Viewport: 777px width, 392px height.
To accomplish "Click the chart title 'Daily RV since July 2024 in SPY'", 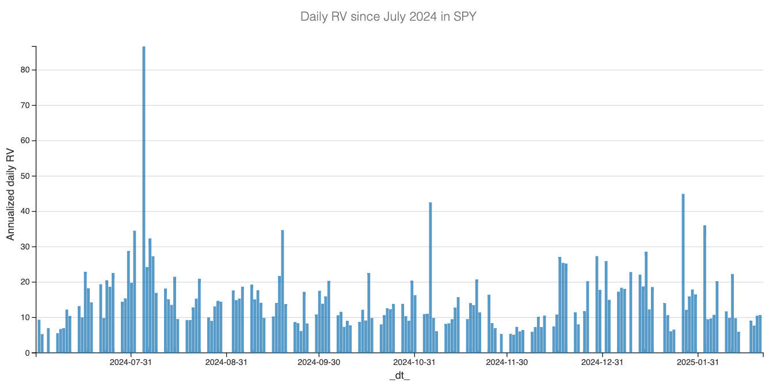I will point(389,17).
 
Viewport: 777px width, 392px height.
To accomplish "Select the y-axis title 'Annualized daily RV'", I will point(10,194).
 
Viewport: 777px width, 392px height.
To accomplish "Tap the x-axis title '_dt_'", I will point(399,376).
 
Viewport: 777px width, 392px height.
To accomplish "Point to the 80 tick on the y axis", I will point(25,70).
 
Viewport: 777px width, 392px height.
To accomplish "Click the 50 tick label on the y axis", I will point(25,176).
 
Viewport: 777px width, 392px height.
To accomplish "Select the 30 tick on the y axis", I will point(25,247).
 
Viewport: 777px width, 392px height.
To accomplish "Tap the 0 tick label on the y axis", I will point(27,353).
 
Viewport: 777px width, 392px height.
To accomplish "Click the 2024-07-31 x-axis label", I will point(131,362).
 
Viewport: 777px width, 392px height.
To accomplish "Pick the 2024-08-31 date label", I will point(226,362).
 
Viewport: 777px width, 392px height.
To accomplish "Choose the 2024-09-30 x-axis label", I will point(319,362).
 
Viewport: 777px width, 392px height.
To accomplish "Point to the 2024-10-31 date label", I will point(414,362).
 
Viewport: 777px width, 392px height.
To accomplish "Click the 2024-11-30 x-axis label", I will point(507,362).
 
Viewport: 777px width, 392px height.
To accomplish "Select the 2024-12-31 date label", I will point(602,362).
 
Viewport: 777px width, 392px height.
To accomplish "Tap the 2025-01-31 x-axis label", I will point(698,362).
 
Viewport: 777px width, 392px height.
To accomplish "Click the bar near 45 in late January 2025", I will point(683,273).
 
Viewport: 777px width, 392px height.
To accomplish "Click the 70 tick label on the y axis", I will point(25,105).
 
